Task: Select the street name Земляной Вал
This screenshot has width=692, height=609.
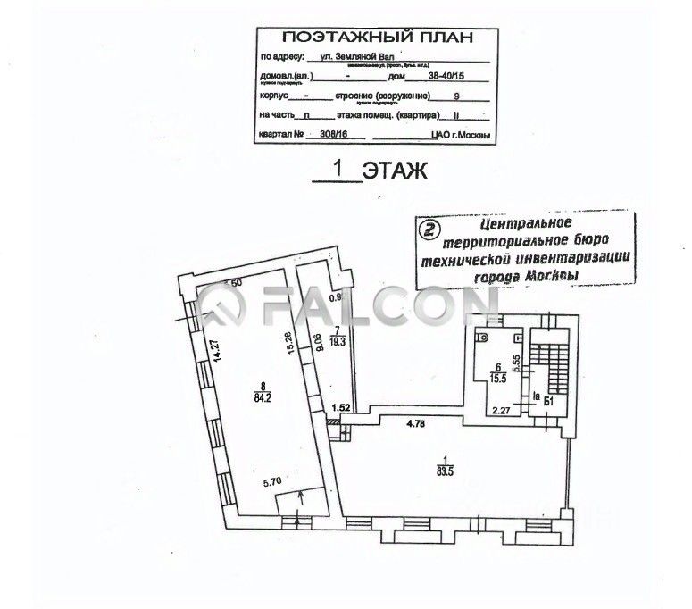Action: pos(359,55)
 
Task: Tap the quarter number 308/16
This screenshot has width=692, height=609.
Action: pos(324,135)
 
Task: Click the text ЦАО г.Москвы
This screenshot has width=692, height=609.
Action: pos(457,135)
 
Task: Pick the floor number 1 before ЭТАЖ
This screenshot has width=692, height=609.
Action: pos(337,168)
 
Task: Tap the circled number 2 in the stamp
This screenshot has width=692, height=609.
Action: pos(430,229)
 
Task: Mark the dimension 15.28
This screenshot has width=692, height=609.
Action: pos(287,346)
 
